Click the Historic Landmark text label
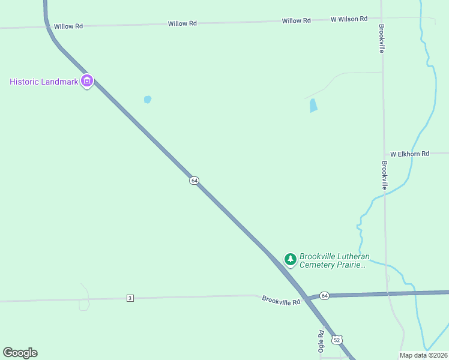click(x=44, y=82)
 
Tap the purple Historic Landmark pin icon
click(x=87, y=81)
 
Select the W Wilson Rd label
click(x=349, y=19)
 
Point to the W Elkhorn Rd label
click(x=409, y=154)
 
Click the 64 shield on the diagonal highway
click(x=194, y=181)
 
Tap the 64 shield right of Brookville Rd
click(x=324, y=295)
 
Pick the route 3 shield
click(x=130, y=298)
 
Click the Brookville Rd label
click(x=280, y=300)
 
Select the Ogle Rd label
click(x=321, y=341)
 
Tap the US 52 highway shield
click(x=337, y=340)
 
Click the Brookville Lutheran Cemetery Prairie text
click(x=333, y=260)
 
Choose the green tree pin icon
click(x=291, y=259)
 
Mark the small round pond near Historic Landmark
click(x=148, y=100)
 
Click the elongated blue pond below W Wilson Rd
click(x=313, y=106)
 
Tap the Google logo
click(x=20, y=353)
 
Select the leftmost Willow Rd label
click(x=68, y=26)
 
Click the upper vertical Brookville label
click(x=381, y=38)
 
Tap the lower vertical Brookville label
click(x=384, y=175)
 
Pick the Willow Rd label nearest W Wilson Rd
click(x=296, y=20)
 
